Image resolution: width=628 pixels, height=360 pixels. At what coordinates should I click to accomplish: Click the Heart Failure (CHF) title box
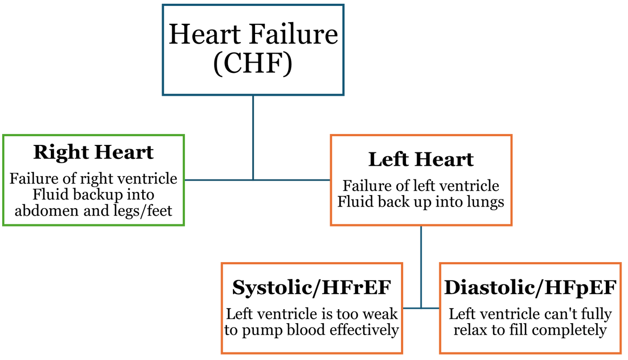[x=253, y=50]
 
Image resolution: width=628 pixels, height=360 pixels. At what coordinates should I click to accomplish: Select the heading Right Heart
[x=93, y=152]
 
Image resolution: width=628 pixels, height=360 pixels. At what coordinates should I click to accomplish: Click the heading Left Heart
[x=420, y=159]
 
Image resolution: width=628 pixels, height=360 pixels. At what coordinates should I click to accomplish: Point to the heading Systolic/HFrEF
[x=311, y=288]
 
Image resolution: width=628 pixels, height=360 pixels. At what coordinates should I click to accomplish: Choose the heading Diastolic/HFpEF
[x=530, y=288]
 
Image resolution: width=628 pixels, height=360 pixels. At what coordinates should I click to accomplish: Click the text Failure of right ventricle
[x=93, y=178]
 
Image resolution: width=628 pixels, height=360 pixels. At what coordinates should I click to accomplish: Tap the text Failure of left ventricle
[x=420, y=186]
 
